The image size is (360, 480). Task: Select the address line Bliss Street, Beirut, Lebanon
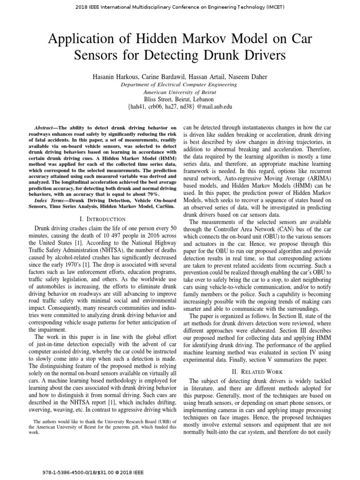(x=180, y=99)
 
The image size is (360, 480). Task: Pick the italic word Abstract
(x=45, y=127)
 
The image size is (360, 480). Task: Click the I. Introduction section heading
(x=103, y=219)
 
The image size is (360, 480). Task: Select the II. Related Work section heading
(x=257, y=371)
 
